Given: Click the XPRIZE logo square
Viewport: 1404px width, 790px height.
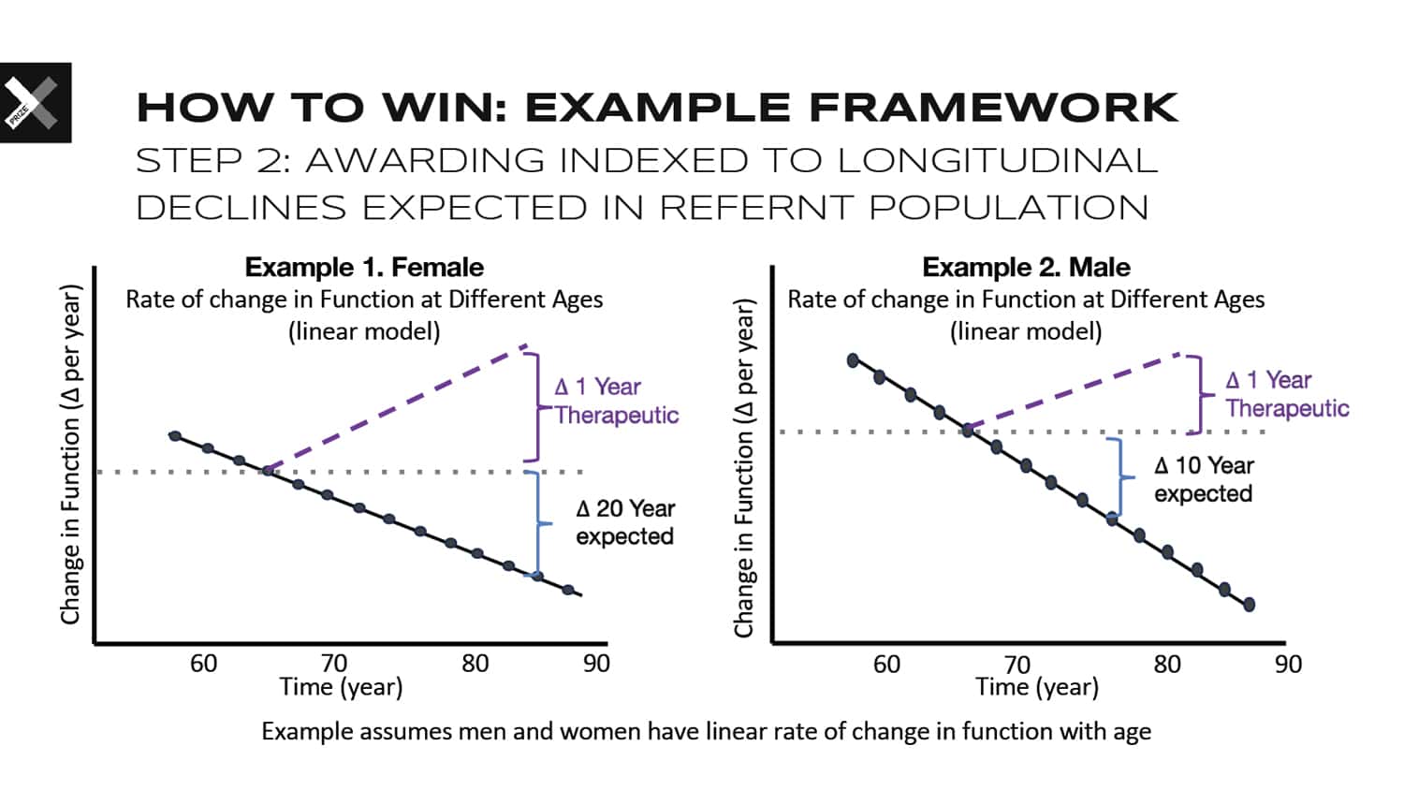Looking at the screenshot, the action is click(x=36, y=102).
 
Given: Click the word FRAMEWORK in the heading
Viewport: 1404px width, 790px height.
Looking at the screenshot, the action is click(x=993, y=108).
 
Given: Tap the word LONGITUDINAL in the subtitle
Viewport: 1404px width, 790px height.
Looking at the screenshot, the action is click(x=998, y=160).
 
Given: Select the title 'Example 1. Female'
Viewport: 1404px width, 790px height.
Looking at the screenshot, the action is click(x=364, y=268).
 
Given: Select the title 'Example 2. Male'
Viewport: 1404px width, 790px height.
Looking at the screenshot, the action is click(x=1026, y=268).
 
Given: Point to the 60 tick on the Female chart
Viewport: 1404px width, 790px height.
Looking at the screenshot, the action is click(x=204, y=664).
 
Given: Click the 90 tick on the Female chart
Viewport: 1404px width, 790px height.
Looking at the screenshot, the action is click(x=596, y=664).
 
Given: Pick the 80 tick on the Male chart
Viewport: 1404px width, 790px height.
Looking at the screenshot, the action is click(x=1167, y=665).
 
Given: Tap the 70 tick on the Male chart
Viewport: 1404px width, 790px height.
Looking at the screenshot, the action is click(x=1017, y=665).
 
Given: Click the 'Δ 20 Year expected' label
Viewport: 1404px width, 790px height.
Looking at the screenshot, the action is click(x=625, y=522).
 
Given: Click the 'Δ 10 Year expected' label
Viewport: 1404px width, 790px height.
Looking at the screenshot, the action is click(x=1204, y=479).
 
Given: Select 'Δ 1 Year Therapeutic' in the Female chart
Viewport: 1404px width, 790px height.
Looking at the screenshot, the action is click(x=616, y=401).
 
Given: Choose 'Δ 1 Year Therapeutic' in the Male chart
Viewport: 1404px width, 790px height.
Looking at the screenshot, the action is click(x=1287, y=394).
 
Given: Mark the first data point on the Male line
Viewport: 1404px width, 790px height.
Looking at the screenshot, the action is click(x=853, y=360).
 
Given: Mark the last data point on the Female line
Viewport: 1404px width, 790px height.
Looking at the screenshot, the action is click(x=568, y=590).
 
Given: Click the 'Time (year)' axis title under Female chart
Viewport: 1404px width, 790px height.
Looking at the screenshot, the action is click(x=341, y=687).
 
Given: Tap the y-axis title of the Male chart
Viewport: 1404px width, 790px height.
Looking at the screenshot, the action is click(x=744, y=468).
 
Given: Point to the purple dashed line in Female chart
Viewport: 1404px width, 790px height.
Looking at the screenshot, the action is click(x=396, y=407).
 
